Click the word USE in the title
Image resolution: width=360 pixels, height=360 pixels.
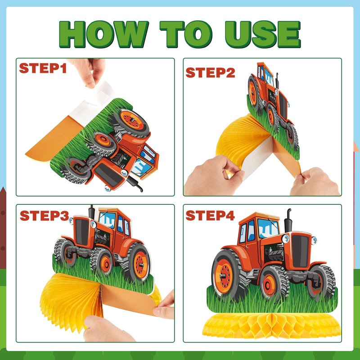pyautogui.click(x=263, y=34)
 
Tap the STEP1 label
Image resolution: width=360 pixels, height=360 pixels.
pyautogui.click(x=43, y=68)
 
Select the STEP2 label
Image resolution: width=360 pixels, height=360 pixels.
pyautogui.click(x=210, y=72)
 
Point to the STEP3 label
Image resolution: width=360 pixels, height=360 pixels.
pyautogui.click(x=44, y=216)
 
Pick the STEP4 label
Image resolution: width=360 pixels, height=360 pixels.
pyautogui.click(x=210, y=216)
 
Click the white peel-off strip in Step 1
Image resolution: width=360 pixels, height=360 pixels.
pyautogui.click(x=92, y=103)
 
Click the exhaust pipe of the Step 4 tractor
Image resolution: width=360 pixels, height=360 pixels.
pyautogui.click(x=288, y=220)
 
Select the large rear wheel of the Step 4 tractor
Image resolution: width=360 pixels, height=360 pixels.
pyautogui.click(x=227, y=274)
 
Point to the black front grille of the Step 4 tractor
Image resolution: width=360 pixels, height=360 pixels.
pyautogui.click(x=300, y=251)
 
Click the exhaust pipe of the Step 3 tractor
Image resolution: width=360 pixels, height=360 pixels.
pyautogui.click(x=92, y=212)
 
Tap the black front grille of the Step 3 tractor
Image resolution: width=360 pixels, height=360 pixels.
pyautogui.click(x=82, y=232)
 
